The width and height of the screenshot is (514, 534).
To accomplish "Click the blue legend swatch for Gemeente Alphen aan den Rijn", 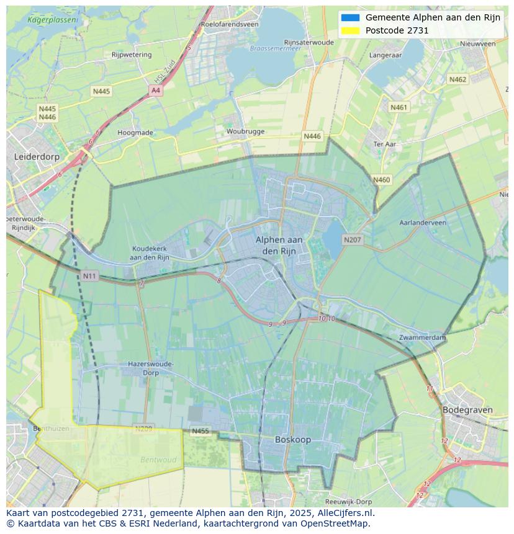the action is tap(350, 17).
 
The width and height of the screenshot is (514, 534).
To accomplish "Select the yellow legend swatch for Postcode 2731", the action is tap(350, 30).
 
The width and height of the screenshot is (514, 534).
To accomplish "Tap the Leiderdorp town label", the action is tap(37, 157).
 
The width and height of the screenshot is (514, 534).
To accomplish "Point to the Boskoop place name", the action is tap(293, 440).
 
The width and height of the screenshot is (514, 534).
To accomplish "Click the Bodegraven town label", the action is tap(467, 410).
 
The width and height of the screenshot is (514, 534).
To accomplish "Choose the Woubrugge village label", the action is tap(245, 131).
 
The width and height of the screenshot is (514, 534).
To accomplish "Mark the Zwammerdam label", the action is tap(423, 337).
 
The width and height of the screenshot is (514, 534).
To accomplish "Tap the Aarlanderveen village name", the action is tap(423, 223).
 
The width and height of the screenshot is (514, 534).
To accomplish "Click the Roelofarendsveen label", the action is tap(229, 24).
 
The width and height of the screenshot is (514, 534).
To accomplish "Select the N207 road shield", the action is tap(353, 239).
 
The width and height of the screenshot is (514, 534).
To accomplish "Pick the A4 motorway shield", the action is tap(155, 91).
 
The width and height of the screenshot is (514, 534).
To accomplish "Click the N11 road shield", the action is tap(89, 275).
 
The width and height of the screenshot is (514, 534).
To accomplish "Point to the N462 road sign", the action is tap(458, 79).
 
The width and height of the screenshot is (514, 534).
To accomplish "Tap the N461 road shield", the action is tap(399, 107).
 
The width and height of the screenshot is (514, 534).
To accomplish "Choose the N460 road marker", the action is tap(381, 180).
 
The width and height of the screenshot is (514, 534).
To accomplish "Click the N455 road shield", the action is tap(200, 431).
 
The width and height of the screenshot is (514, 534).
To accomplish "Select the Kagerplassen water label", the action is tap(53, 20).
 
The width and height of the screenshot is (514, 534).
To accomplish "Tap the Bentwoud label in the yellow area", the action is tap(158, 460).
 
